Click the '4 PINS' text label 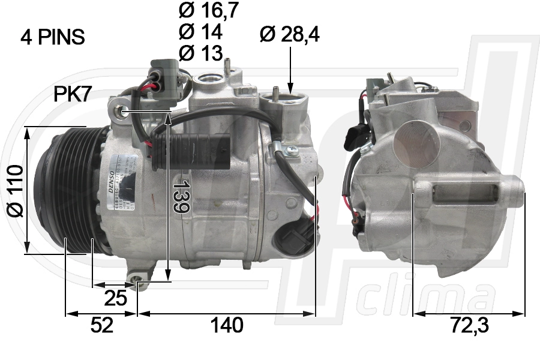53,38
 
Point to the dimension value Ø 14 200,31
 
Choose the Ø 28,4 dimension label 290,35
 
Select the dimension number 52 102,326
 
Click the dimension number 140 226,326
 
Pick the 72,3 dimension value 470,326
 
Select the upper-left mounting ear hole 124,110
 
